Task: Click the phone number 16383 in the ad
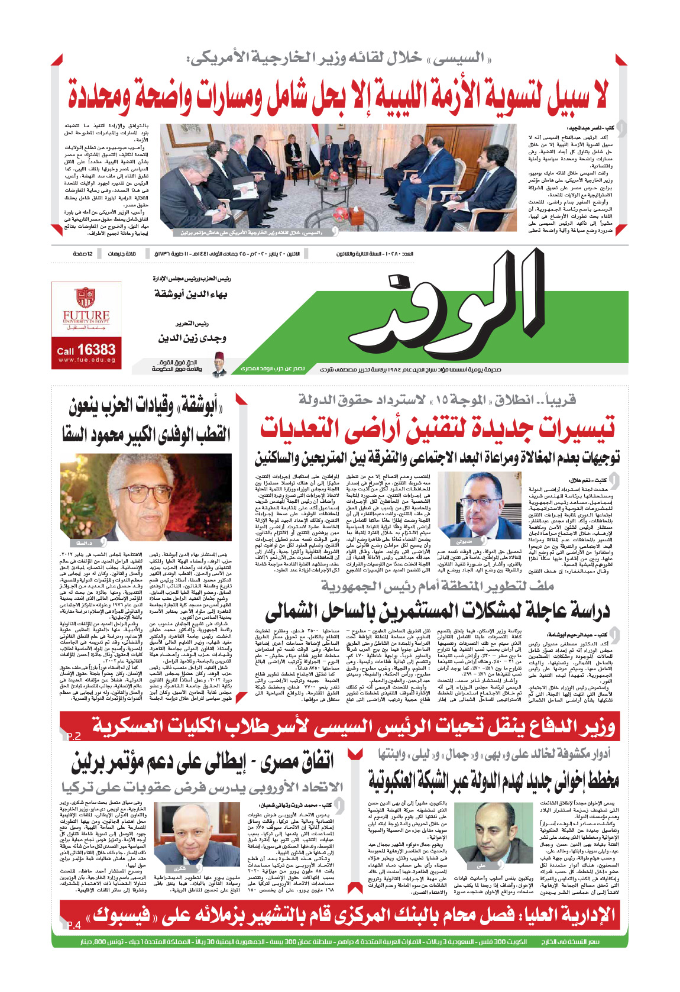tap(96, 350)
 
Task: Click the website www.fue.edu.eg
tap(86, 360)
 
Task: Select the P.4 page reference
tap(73, 925)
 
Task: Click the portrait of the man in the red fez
tap(219, 367)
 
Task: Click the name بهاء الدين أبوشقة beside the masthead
tap(190, 294)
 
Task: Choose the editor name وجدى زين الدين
tap(192, 338)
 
